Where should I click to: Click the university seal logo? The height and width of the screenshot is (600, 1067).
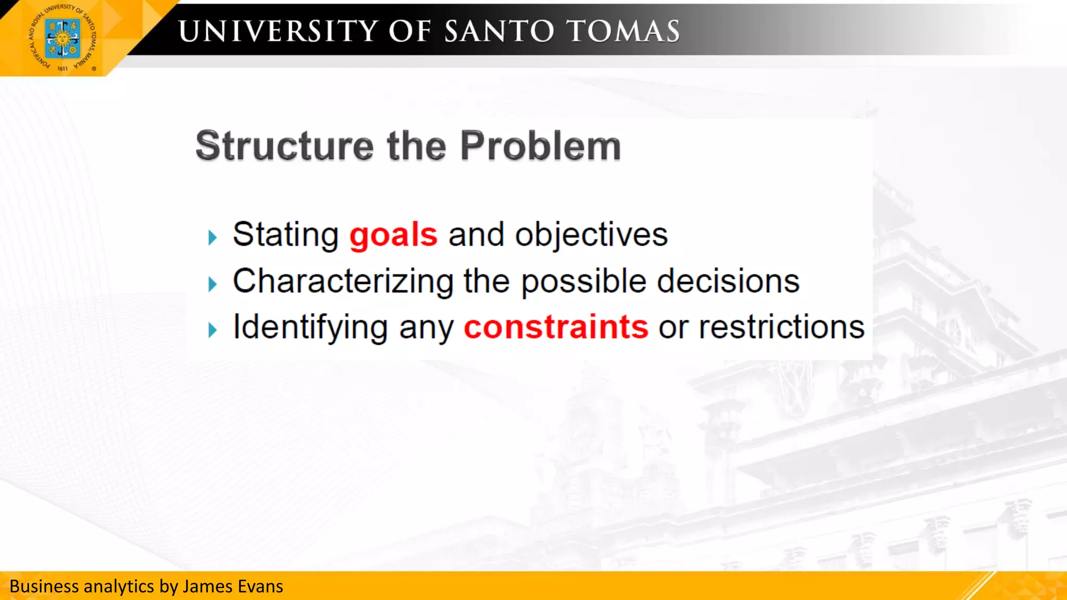pyautogui.click(x=63, y=38)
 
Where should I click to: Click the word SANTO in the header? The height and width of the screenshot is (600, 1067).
pyautogui.click(x=499, y=31)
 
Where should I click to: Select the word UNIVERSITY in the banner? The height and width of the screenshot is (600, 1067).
pyautogui.click(x=278, y=31)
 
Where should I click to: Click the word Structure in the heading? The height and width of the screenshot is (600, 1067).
pyautogui.click(x=284, y=146)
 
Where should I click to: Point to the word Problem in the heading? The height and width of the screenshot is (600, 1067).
pyautogui.click(x=540, y=146)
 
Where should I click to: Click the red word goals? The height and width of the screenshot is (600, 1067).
pyautogui.click(x=393, y=235)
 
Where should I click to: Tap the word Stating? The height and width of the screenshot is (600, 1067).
pyautogui.click(x=286, y=235)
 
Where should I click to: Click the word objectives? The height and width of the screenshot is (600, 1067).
pyautogui.click(x=591, y=235)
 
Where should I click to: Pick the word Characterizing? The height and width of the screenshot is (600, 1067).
pyautogui.click(x=343, y=282)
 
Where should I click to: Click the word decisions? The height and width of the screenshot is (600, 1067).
pyautogui.click(x=728, y=282)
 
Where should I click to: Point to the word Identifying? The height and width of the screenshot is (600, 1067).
pyautogui.click(x=310, y=328)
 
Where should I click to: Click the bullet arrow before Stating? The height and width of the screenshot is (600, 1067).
pyautogui.click(x=212, y=238)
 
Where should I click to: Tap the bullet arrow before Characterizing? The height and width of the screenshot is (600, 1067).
pyautogui.click(x=212, y=284)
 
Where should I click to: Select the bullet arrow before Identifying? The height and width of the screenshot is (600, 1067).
pyautogui.click(x=212, y=330)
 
